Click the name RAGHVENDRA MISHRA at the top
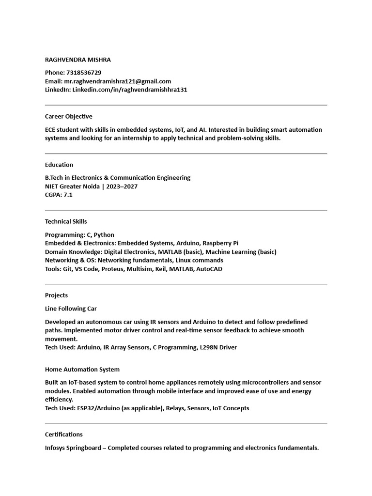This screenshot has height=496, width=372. (77, 60)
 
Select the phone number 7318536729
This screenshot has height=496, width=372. (83, 73)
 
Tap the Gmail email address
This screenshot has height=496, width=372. (118, 81)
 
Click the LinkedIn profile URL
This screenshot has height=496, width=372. (130, 90)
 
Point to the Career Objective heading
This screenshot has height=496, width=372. (68, 116)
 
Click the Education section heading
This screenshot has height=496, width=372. (59, 165)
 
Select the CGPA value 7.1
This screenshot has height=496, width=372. (68, 195)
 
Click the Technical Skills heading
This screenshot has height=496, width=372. (66, 221)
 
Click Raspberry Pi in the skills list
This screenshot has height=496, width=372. (220, 243)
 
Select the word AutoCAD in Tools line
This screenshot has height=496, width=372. (209, 269)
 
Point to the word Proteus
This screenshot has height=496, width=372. (112, 269)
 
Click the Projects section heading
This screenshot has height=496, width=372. (56, 295)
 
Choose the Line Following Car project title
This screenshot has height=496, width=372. (71, 309)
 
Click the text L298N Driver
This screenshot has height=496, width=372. (218, 347)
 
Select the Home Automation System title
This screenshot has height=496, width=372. (82, 369)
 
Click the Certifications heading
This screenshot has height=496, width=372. (64, 434)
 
